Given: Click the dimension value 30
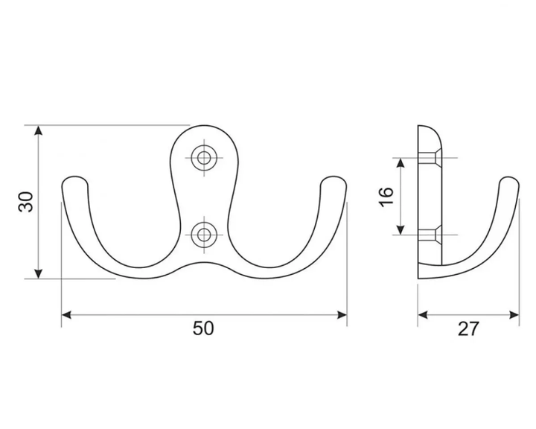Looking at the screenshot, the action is point(27,202).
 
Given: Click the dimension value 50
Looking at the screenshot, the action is point(203,328).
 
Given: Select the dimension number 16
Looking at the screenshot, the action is point(386,197).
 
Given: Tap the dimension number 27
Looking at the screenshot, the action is point(468,328).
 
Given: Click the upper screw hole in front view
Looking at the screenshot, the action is point(204,158).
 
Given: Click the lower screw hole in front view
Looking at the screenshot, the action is point(204,235).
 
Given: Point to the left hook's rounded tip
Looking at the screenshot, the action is point(75,183).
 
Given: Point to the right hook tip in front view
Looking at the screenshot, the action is point(334,183).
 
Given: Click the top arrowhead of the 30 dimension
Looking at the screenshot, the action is point(39,130).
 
